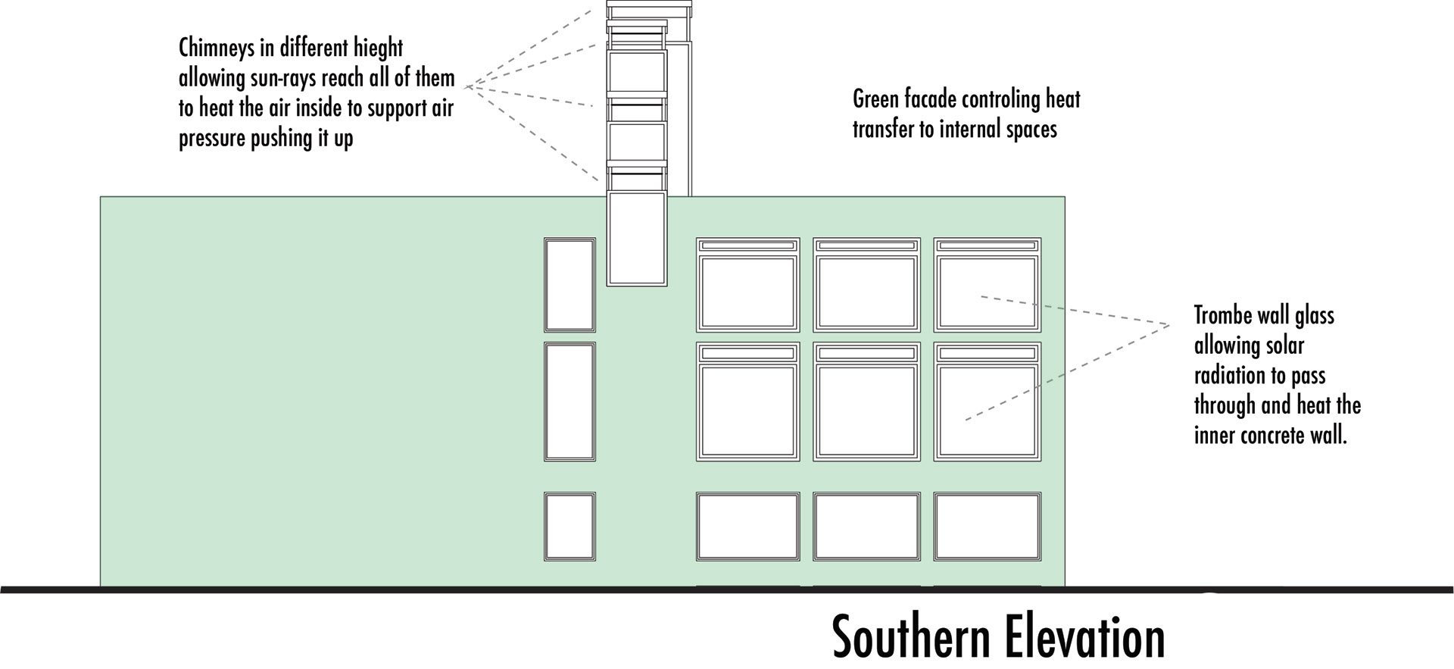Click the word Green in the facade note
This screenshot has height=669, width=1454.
point(876,99)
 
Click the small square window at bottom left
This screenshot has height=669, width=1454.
point(569,527)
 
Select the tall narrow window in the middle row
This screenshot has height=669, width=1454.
point(569,402)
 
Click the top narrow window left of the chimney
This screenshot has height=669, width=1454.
point(569,285)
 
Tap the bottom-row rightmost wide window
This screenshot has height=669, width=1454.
point(987,527)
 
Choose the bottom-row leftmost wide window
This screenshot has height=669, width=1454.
point(748,527)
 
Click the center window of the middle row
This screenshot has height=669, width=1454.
point(867,411)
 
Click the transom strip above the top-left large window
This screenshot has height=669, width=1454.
point(748,245)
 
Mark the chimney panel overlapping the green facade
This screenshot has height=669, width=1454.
point(637,238)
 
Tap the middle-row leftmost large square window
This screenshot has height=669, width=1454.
point(748,411)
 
